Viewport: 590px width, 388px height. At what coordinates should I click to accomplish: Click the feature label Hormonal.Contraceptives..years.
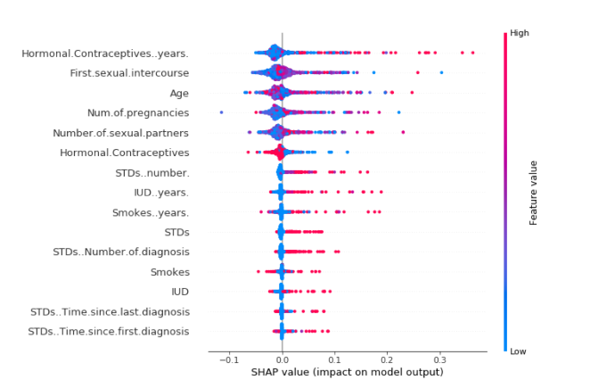[105, 54]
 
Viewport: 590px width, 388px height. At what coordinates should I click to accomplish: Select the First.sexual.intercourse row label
[129, 73]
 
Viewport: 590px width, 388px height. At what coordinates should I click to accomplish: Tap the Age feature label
[179, 93]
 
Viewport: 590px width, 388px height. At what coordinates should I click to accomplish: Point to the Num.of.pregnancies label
[138, 112]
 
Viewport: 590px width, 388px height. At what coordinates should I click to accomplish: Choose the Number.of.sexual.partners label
[121, 133]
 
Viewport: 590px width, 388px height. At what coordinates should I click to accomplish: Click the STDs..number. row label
[152, 172]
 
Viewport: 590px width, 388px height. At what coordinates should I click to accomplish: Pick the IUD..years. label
[161, 192]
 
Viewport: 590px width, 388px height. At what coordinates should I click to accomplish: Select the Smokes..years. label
[151, 212]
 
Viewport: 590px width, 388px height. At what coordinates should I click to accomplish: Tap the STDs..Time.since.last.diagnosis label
[110, 311]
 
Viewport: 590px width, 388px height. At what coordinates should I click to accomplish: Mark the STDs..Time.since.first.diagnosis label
[109, 332]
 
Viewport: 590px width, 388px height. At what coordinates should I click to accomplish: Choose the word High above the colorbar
[520, 33]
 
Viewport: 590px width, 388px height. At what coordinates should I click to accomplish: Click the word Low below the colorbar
[519, 352]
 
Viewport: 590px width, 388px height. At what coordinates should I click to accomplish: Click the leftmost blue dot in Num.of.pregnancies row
[221, 112]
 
